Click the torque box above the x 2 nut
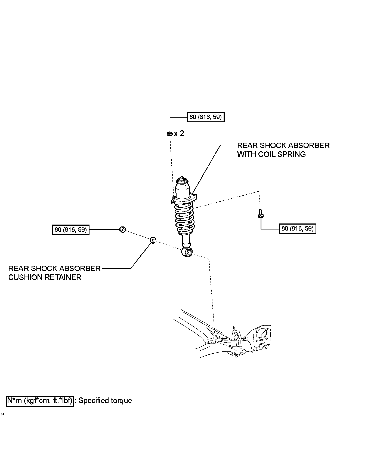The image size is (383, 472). tap(206, 117)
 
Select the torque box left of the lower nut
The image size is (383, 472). tap(71, 229)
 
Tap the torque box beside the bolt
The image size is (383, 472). tap(298, 229)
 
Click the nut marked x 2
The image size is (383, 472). tap(169, 133)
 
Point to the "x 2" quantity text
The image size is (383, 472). tap(179, 133)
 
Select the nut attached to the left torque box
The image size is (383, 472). tap(123, 230)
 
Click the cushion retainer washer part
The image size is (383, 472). tap(153, 240)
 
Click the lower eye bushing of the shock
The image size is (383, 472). tap(187, 252)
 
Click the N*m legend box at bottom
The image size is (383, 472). tap(40, 401)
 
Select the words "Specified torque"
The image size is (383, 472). tap(105, 401)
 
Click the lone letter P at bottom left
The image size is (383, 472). tap(2, 415)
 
